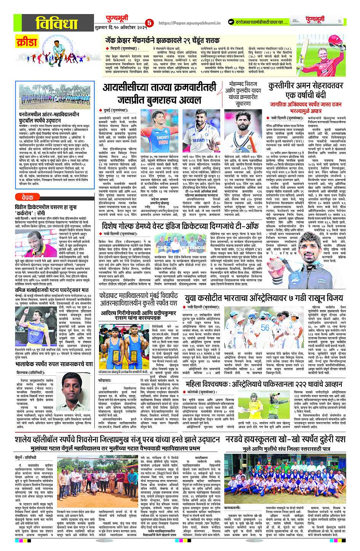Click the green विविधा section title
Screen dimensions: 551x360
click(x=58, y=24)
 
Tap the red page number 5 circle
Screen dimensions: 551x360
click(x=149, y=23)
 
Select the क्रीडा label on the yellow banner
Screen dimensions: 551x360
click(x=26, y=42)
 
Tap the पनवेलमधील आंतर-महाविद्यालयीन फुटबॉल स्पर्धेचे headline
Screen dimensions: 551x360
click(x=50, y=117)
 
